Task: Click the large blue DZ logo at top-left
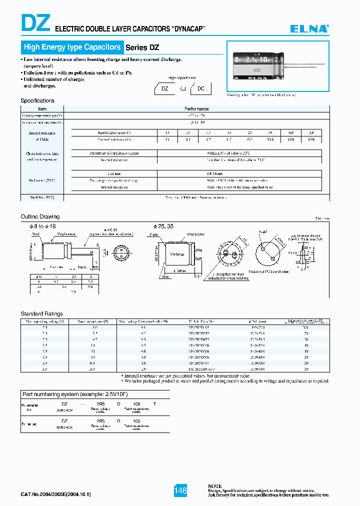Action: pyautogui.click(x=35, y=23)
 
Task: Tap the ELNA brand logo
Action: pyautogui.click(x=309, y=29)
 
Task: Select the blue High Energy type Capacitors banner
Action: pyautogui.click(x=72, y=47)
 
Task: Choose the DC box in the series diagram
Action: pyautogui.click(x=201, y=88)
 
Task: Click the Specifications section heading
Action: pyautogui.click(x=37, y=100)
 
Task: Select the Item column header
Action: pyautogui.click(x=42, y=108)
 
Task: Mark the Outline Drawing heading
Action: pyautogui.click(x=40, y=216)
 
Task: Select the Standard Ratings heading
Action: pyautogui.click(x=41, y=313)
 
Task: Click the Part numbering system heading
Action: pyautogui.click(x=70, y=394)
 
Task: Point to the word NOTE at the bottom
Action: pyautogui.click(x=215, y=485)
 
